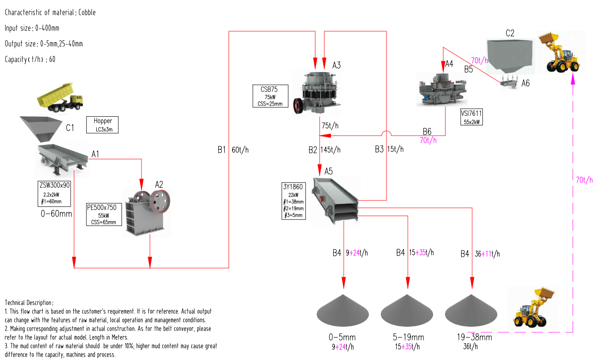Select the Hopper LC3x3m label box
click(x=102, y=124)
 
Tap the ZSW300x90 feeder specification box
click(x=54, y=193)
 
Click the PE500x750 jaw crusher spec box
click(x=102, y=215)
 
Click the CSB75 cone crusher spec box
click(x=271, y=96)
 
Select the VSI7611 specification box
click(x=472, y=117)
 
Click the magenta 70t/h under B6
click(x=428, y=140)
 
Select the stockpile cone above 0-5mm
click(x=343, y=311)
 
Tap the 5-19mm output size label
click(x=407, y=337)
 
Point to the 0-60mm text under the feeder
click(x=56, y=213)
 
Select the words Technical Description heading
click(x=29, y=302)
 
